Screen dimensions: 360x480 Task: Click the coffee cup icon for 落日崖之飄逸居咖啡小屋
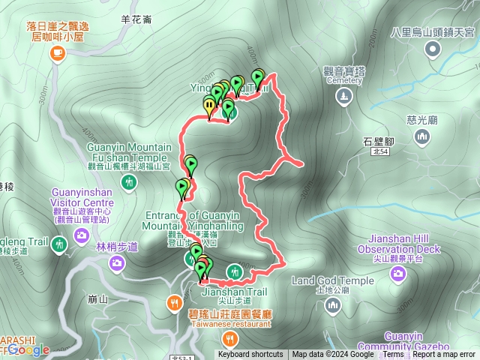57,53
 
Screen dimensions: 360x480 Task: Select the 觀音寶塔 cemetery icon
343,96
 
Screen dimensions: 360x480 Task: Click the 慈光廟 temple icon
423,136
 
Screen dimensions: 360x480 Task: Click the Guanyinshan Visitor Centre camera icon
81,236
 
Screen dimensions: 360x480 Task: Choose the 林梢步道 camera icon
117,262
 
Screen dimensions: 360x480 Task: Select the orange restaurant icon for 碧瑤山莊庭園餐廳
174,303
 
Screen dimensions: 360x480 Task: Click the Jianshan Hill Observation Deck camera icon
397,274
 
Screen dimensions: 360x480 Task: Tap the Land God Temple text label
332,281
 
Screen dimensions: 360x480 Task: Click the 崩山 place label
97,299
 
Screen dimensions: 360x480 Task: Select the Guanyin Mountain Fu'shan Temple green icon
130,181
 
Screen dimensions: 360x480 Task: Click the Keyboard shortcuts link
250,355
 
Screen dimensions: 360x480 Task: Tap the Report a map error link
444,355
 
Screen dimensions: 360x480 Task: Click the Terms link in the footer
393,355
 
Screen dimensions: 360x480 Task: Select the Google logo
30,349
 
